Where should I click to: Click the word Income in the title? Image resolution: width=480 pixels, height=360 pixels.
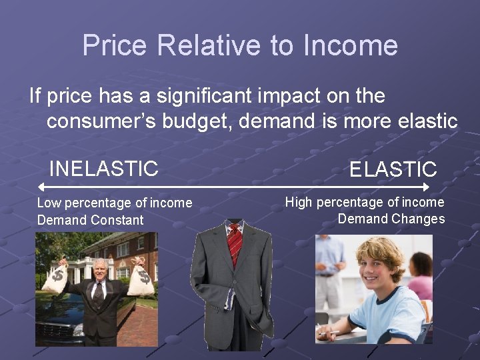[350, 46]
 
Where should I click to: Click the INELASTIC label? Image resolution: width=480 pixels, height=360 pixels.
[104, 169]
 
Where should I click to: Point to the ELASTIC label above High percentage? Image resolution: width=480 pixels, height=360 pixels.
[393, 169]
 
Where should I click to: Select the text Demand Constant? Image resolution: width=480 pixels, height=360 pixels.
[90, 220]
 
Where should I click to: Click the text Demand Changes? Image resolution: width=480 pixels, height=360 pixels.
[391, 219]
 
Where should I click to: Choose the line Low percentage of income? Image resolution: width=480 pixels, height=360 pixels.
[114, 203]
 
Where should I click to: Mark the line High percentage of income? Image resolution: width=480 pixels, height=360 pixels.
[365, 202]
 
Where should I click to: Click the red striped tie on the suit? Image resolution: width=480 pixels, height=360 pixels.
[234, 243]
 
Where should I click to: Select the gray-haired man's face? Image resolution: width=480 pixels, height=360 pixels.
[98, 271]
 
